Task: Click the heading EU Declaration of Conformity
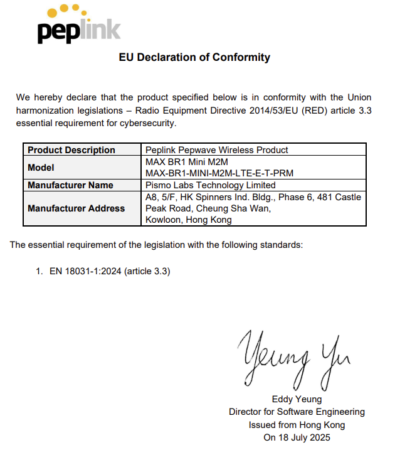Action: pyautogui.click(x=194, y=57)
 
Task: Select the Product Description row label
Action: pyautogui.click(x=71, y=150)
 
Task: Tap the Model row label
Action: pyautogui.click(x=41, y=168)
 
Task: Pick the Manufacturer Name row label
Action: pyautogui.click(x=70, y=185)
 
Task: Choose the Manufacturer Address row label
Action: pyautogui.click(x=76, y=208)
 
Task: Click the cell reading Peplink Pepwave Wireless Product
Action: pyautogui.click(x=216, y=150)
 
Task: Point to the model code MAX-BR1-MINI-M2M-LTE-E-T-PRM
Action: pyautogui.click(x=219, y=173)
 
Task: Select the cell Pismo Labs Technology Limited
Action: pyautogui.click(x=210, y=185)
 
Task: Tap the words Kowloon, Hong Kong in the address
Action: pyautogui.click(x=188, y=220)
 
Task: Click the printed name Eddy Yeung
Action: pyautogui.click(x=297, y=399)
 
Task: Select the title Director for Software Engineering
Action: pyautogui.click(x=297, y=412)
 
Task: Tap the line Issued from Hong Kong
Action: pyautogui.click(x=297, y=425)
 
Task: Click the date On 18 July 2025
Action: pyautogui.click(x=297, y=437)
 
